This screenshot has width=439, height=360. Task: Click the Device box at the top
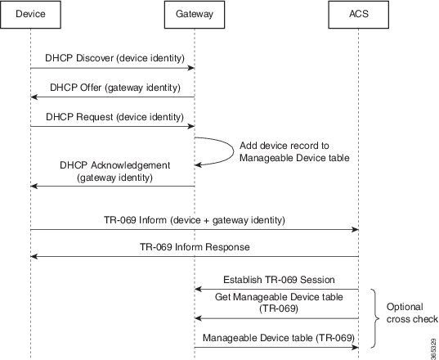click(x=30, y=15)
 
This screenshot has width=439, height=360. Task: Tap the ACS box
click(x=357, y=15)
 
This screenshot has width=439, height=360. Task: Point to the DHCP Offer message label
click(x=114, y=88)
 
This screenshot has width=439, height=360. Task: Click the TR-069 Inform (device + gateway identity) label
click(x=194, y=219)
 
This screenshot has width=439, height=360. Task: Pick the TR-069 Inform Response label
click(x=194, y=246)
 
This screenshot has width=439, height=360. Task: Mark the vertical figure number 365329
click(x=431, y=343)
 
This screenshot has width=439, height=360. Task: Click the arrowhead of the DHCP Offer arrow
click(x=34, y=97)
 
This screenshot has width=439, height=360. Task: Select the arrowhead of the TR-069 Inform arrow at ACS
click(x=354, y=230)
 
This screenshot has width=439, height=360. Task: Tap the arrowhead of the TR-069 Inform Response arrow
click(x=34, y=257)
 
